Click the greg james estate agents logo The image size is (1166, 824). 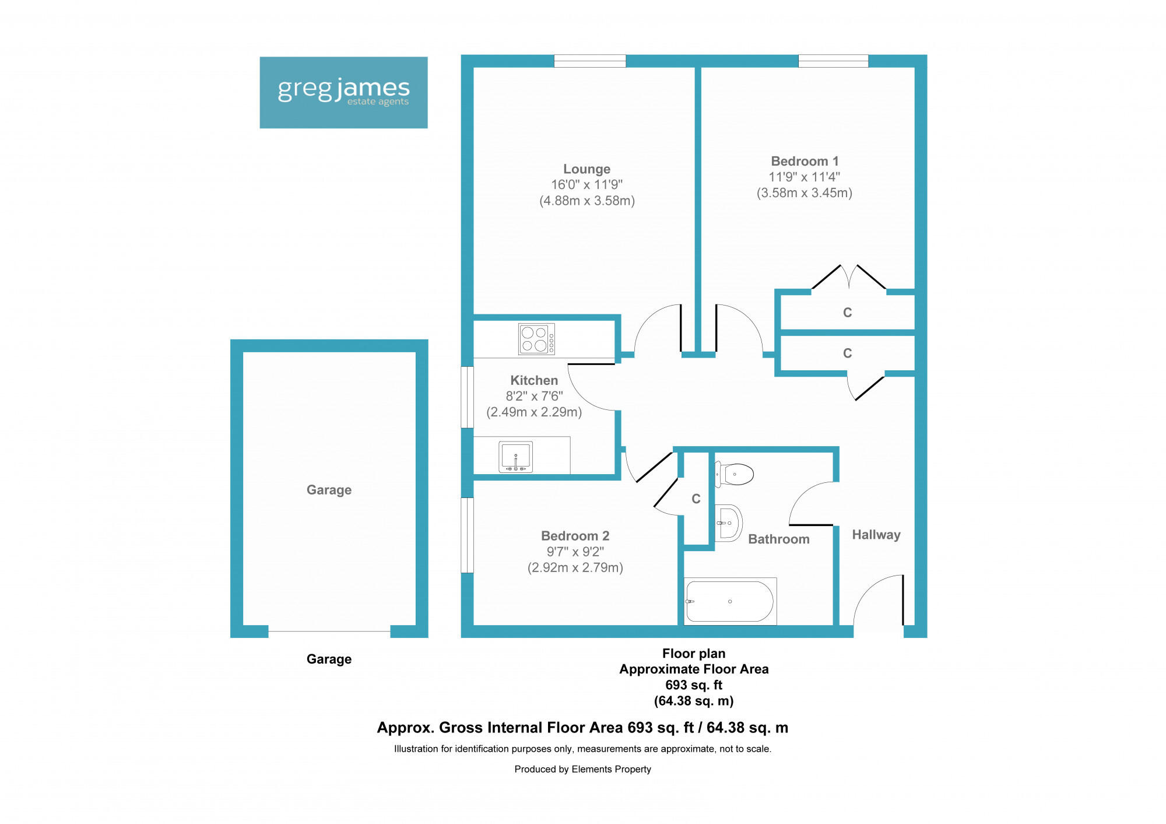[343, 92]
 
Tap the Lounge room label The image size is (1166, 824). [586, 169]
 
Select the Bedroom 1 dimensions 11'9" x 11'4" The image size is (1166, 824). [804, 177]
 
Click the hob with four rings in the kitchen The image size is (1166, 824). [536, 339]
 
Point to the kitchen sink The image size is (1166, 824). [515, 457]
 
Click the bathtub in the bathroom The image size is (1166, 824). [730, 601]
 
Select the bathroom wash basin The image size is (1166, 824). [728, 523]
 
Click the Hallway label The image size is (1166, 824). [876, 535]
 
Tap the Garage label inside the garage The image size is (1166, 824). [329, 490]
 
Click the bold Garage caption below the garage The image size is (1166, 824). [329, 659]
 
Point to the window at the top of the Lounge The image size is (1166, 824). [589, 61]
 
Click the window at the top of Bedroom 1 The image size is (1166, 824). [833, 61]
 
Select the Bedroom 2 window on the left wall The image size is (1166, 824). [467, 535]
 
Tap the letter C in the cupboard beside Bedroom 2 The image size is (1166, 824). [696, 499]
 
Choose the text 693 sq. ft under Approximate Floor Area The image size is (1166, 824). [693, 685]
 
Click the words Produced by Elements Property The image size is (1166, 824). [582, 769]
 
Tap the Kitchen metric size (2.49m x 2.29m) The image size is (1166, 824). [534, 412]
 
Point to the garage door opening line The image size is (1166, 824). [329, 632]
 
